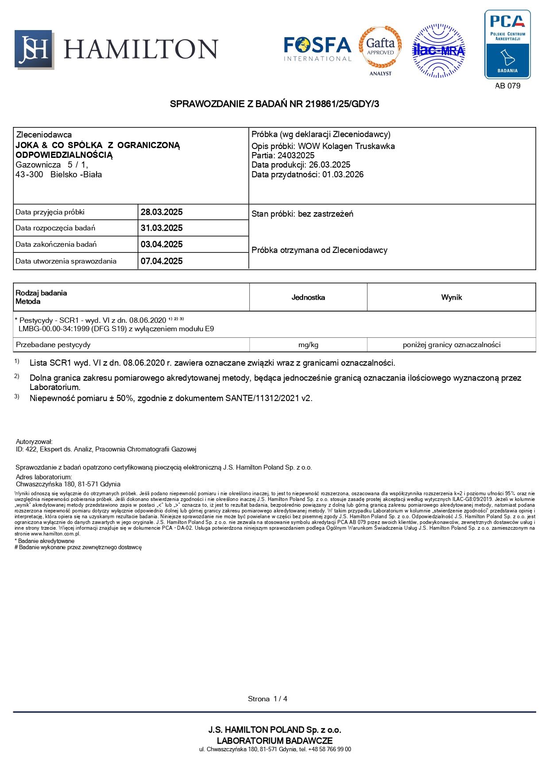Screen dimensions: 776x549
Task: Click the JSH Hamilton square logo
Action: click(34, 50)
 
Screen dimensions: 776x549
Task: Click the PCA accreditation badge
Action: click(507, 44)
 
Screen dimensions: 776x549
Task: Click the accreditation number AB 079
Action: click(507, 86)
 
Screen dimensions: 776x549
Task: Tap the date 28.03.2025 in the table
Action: click(162, 212)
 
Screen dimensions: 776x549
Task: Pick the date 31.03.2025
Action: click(162, 228)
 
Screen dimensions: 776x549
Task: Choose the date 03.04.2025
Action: click(162, 245)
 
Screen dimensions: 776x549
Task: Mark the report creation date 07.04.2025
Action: click(162, 261)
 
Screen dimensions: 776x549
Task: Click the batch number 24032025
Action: click(296, 156)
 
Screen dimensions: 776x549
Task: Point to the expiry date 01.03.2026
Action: click(343, 175)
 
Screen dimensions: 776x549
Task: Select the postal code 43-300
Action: click(29, 175)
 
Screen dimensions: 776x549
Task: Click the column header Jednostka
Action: click(308, 298)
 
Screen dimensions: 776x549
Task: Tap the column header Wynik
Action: click(451, 298)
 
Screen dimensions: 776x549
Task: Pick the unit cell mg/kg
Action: click(308, 345)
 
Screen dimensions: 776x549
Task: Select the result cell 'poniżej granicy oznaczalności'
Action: click(451, 345)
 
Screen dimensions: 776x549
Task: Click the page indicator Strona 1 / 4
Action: click(267, 699)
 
